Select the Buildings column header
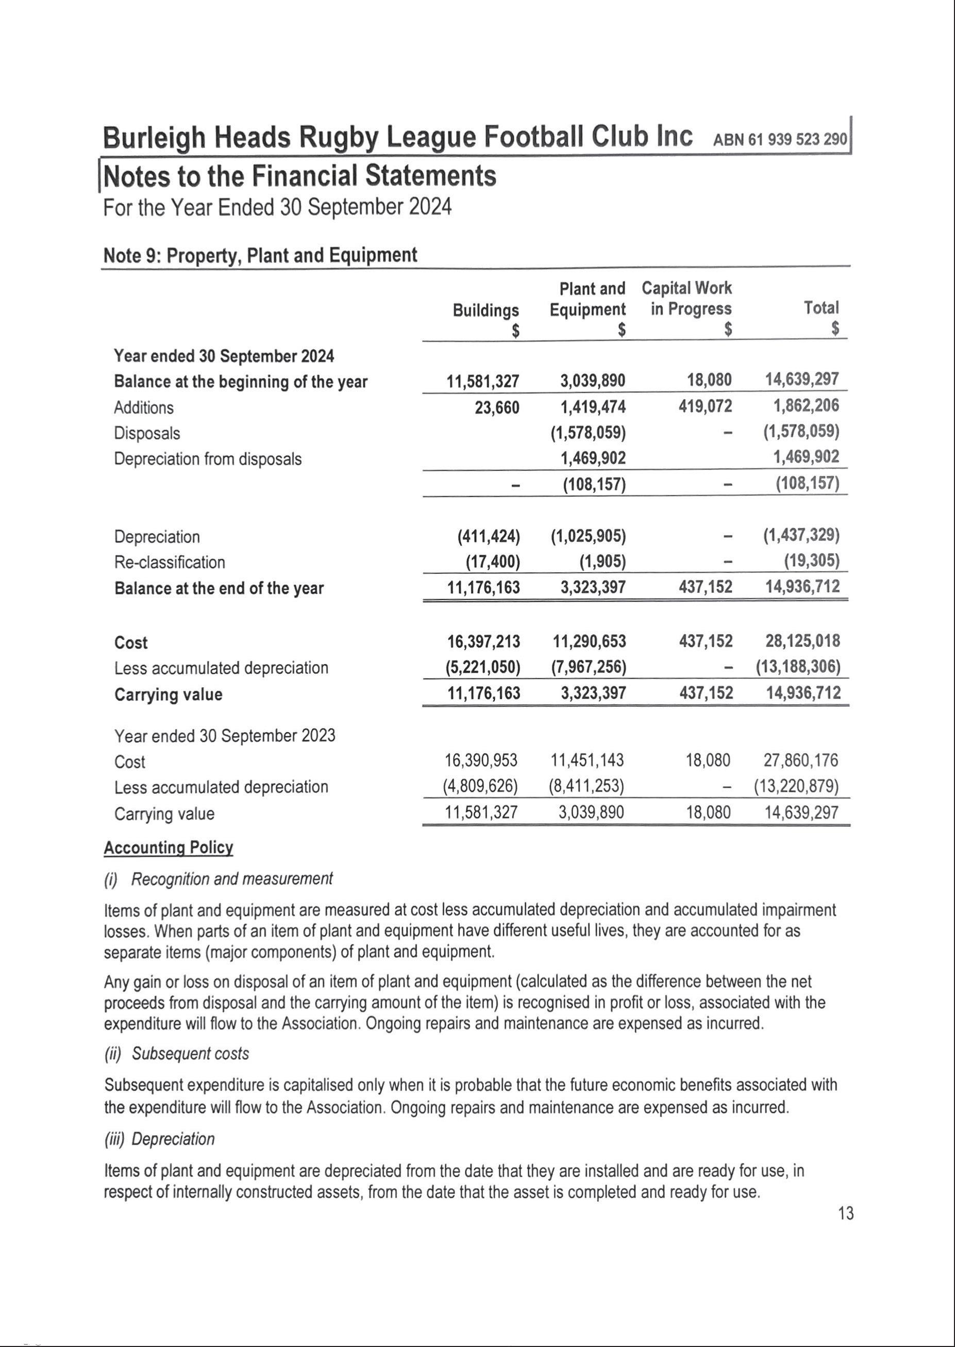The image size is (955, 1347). click(x=485, y=310)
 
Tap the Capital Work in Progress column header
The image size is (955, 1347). click(x=687, y=298)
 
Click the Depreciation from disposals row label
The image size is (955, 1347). click(x=208, y=459)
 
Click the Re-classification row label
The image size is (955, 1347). click(x=170, y=562)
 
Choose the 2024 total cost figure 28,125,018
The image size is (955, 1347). click(x=802, y=641)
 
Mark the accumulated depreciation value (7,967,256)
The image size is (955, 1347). click(x=588, y=667)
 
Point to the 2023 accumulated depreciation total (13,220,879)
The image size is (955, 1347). click(x=796, y=787)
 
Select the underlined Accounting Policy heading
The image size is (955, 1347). click(x=168, y=847)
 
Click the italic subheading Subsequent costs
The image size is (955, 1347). click(x=190, y=1054)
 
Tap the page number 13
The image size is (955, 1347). click(x=846, y=1213)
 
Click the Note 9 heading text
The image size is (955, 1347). click(x=260, y=255)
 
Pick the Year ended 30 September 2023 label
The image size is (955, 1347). click(x=225, y=736)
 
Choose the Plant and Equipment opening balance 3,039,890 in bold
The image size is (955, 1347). click(x=592, y=380)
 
